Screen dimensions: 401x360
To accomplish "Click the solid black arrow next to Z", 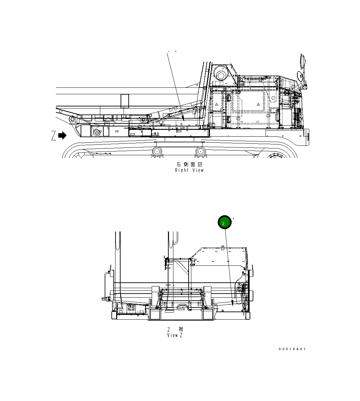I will [62, 136].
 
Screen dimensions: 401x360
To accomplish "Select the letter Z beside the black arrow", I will [53, 136].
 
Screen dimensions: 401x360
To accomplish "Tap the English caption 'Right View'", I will [189, 171].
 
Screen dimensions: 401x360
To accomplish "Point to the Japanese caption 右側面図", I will [189, 164].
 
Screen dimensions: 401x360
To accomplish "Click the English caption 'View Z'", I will [175, 335].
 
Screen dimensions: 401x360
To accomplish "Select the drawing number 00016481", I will [292, 349].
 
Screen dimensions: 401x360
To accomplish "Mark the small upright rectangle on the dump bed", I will [125, 101].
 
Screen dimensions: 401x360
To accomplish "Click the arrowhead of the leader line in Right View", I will [183, 119].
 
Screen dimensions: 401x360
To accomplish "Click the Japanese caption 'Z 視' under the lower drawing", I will [175, 329].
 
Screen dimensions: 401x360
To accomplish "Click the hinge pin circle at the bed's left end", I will [72, 120].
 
